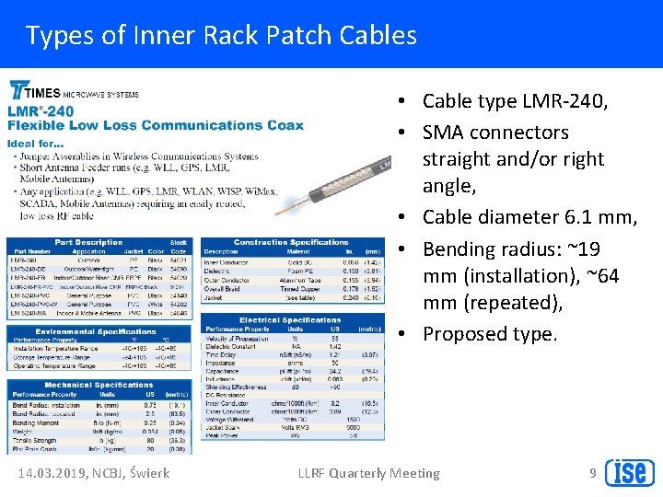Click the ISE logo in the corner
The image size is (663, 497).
(x=629, y=471)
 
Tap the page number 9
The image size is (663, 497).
(x=592, y=473)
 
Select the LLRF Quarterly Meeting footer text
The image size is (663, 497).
(x=368, y=473)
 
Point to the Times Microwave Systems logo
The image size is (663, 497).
(x=74, y=93)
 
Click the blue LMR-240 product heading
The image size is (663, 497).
(x=41, y=111)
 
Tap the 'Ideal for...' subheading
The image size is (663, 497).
(x=35, y=144)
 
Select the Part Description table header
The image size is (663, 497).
(x=88, y=242)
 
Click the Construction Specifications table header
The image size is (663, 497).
(x=291, y=242)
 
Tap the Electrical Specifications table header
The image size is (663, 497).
(x=290, y=320)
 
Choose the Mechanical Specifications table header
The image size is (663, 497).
(x=99, y=385)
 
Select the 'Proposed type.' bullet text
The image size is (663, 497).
(x=490, y=334)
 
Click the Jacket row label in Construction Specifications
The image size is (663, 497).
(x=215, y=298)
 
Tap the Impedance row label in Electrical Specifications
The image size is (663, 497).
(x=222, y=363)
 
